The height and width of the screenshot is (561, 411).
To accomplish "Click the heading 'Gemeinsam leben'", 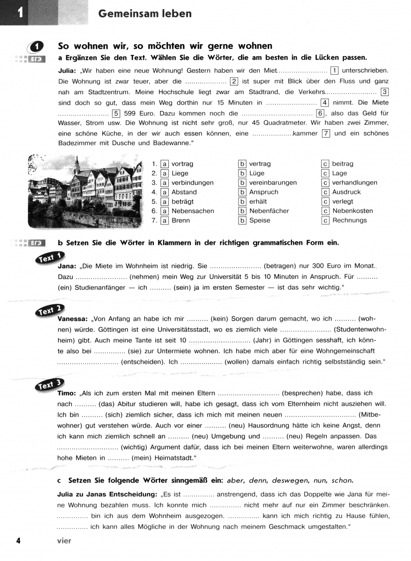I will click(144, 14).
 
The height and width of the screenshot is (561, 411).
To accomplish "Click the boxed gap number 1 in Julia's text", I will click(335, 71).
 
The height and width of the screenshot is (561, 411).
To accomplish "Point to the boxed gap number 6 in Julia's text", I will click(321, 113).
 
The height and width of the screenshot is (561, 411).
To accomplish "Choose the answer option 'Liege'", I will click(180, 173).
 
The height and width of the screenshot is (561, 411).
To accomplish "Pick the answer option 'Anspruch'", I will click(264, 192).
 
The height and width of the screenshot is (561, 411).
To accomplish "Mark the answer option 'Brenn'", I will click(181, 220).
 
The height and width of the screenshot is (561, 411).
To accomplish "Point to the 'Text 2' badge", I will click(51, 310).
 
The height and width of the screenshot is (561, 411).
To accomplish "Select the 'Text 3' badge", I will click(51, 385).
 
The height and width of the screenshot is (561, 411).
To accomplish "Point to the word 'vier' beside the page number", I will click(64, 541).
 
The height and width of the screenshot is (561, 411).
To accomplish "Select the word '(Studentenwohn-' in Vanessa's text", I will click(361, 329).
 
